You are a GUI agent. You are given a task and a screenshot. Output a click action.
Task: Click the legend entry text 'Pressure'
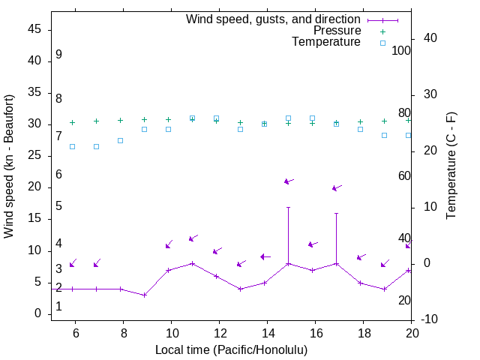336,31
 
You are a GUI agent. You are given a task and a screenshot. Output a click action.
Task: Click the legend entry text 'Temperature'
326,43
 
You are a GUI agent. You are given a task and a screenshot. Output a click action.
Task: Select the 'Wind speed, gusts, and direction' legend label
273,19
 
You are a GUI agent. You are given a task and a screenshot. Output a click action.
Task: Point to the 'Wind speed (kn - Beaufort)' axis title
9,166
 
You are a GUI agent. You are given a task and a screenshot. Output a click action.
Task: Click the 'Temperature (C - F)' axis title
451,166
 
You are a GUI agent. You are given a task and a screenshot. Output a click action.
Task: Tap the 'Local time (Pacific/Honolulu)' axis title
231,350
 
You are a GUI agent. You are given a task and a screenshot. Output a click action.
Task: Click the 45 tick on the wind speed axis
35,30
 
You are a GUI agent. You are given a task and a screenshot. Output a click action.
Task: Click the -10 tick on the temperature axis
430,320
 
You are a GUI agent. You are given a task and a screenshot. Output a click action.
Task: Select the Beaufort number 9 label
58,55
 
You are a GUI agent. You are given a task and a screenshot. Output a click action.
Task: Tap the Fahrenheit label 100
401,51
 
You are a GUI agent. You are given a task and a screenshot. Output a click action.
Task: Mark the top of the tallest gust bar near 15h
288,207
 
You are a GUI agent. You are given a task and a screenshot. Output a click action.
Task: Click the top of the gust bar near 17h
336,213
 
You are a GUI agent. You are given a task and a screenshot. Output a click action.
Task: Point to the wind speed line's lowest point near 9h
144,295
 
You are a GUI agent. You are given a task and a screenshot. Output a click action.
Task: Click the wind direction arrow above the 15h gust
289,181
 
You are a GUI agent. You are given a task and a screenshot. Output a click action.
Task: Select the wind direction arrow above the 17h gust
337,187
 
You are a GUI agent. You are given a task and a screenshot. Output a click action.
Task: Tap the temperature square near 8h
120,140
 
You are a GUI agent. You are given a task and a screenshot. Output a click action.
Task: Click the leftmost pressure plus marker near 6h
72,122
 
